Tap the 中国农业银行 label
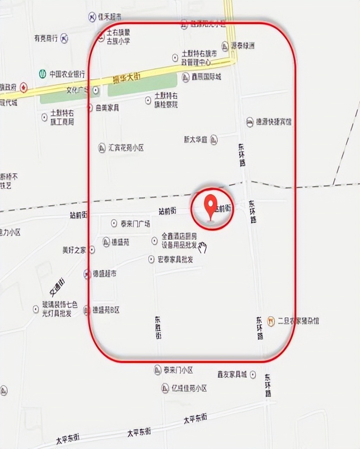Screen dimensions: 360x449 [x=67, y=74]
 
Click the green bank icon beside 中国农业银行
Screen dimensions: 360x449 [x=42, y=74]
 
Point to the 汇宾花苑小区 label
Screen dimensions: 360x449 [x=126, y=148]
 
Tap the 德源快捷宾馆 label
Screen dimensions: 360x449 [x=274, y=122]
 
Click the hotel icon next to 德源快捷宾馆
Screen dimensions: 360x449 [x=250, y=122]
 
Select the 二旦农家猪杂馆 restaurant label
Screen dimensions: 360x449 [x=298, y=321]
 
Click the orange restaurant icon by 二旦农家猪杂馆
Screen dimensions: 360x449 [x=271, y=321]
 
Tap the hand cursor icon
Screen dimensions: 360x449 [x=202, y=247]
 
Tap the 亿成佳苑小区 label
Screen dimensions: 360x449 [x=189, y=388]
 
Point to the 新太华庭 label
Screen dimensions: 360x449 [x=196, y=140]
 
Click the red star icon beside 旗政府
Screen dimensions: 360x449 [x=24, y=88]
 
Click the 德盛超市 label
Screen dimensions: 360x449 [x=104, y=274]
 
